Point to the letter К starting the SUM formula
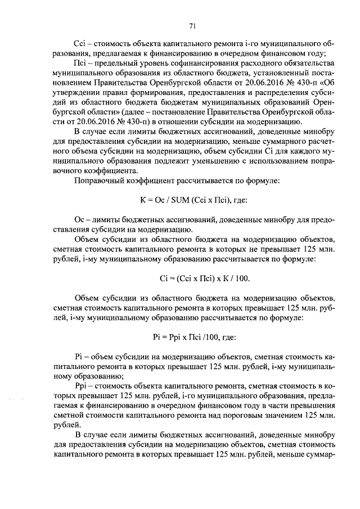[x=142, y=200]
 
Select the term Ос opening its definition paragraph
[x=79, y=219]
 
